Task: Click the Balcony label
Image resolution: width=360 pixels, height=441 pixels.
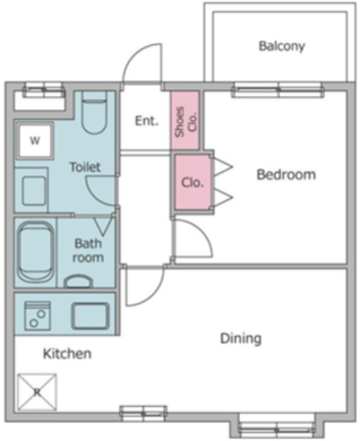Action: pyautogui.click(x=282, y=46)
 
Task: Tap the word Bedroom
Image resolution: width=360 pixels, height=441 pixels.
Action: pyautogui.click(x=286, y=174)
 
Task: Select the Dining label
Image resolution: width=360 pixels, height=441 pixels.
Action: pyautogui.click(x=241, y=338)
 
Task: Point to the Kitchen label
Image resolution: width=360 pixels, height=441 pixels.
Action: pyautogui.click(x=68, y=353)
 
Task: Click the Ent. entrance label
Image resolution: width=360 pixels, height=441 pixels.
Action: pyautogui.click(x=147, y=121)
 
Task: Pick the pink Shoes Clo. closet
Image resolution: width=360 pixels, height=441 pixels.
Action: pyautogui.click(x=185, y=120)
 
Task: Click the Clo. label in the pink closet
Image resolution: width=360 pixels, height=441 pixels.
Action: pyautogui.click(x=192, y=183)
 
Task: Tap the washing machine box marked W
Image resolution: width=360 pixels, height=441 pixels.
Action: pyautogui.click(x=35, y=141)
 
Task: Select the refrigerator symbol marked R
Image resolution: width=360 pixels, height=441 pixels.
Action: pyautogui.click(x=37, y=392)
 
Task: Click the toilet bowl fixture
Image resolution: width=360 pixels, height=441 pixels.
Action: pyautogui.click(x=94, y=113)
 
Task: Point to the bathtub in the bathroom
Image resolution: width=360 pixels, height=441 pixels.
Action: pyautogui.click(x=36, y=253)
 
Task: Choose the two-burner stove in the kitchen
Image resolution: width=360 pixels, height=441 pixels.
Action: pyautogui.click(x=38, y=316)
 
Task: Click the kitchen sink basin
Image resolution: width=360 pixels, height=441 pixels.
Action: pyautogui.click(x=90, y=316)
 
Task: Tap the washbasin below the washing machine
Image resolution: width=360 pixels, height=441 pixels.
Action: pyautogui.click(x=34, y=190)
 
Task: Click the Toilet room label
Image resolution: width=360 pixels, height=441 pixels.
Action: pyautogui.click(x=85, y=167)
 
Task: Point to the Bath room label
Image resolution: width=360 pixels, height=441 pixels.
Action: pyautogui.click(x=88, y=250)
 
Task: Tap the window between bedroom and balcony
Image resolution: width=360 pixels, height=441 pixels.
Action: pyautogui.click(x=278, y=90)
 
